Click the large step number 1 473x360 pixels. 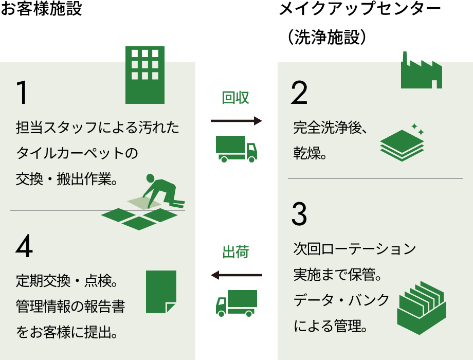click(x=22, y=93)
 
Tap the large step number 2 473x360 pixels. click(x=299, y=93)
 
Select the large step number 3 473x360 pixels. click(x=299, y=214)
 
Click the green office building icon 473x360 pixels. click(x=145, y=75)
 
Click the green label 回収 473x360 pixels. click(x=235, y=98)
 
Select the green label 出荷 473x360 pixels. click(x=235, y=252)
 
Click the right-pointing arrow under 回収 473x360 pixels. click(x=236, y=121)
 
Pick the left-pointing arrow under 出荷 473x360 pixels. click(x=236, y=275)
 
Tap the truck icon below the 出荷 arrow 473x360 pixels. click(x=236, y=303)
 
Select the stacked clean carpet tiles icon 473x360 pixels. click(x=402, y=145)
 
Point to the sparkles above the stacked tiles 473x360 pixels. click(x=417, y=129)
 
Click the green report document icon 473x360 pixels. click(x=161, y=292)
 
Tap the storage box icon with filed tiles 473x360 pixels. click(x=421, y=308)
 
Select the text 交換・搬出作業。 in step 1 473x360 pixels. click(x=67, y=180)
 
